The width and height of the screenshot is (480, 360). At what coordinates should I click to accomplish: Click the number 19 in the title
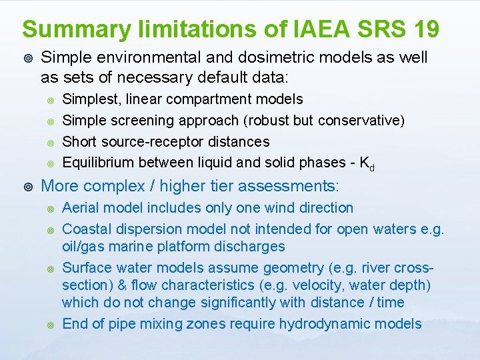pos(422,29)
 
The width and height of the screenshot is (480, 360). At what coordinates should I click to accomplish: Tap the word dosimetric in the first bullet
pos(255,58)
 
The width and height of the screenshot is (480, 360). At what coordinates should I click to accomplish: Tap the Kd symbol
pos(366,163)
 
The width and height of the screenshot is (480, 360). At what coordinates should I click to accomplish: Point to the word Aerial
pos(79,208)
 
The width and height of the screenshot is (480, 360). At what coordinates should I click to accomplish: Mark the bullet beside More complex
pos(27,185)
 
